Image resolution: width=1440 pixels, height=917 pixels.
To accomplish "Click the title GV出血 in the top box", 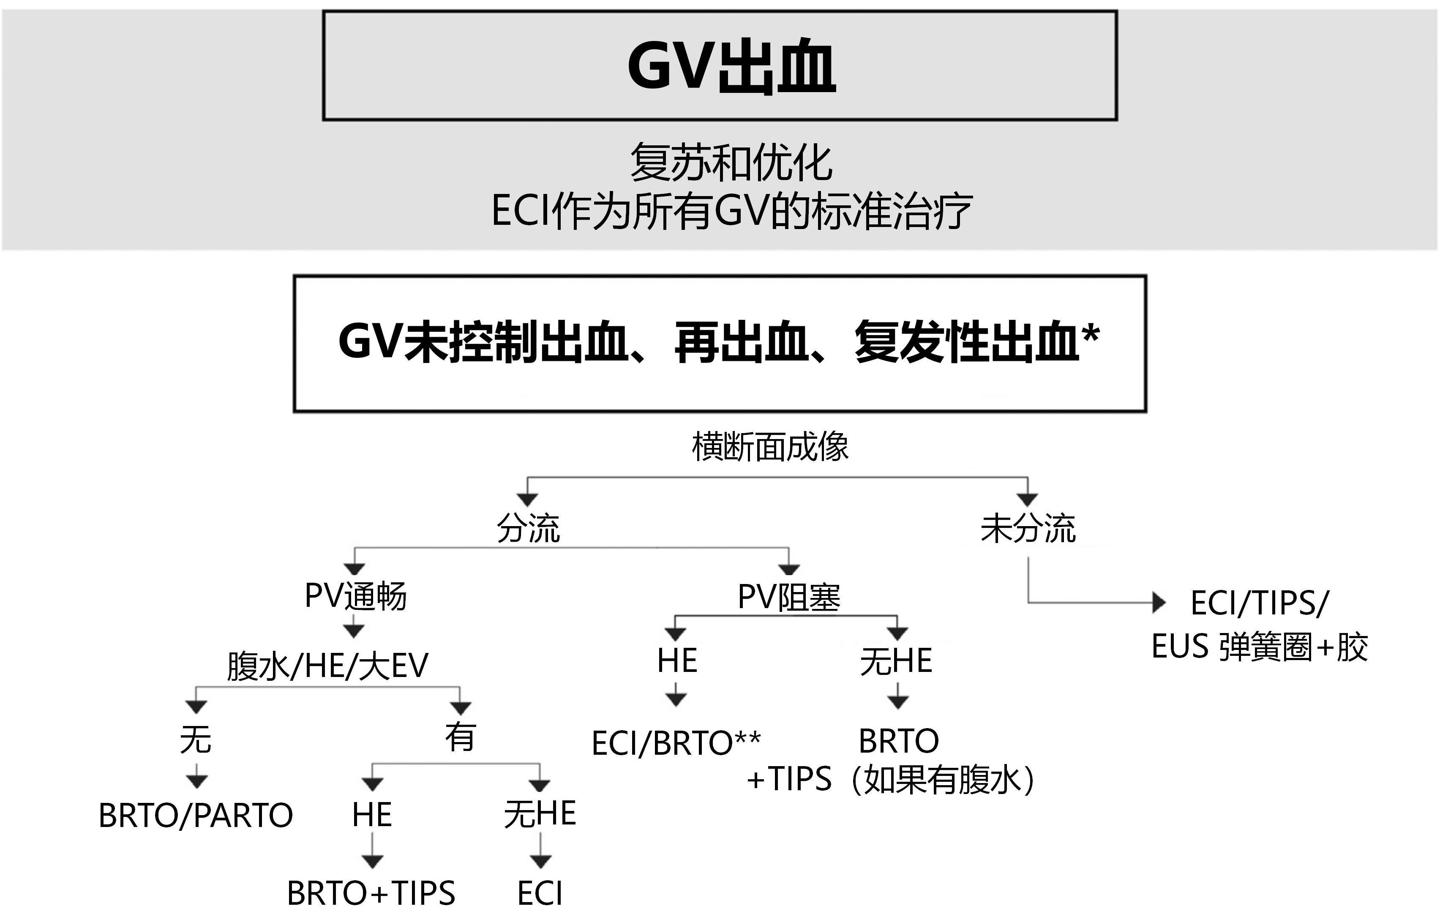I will [731, 66].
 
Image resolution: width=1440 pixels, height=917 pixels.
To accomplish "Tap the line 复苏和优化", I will [731, 163].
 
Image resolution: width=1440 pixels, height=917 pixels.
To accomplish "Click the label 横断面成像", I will [770, 447].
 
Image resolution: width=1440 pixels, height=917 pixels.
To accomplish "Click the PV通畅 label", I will [355, 596].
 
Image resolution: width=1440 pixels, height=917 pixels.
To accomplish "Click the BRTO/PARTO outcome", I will [196, 815].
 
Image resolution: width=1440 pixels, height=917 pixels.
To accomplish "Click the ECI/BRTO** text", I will [676, 743].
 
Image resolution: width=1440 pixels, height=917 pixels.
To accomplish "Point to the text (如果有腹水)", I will [942, 779].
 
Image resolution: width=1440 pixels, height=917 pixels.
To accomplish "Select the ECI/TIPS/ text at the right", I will [1260, 603].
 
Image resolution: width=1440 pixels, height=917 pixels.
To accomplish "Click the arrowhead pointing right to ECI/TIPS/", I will [1159, 602].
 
